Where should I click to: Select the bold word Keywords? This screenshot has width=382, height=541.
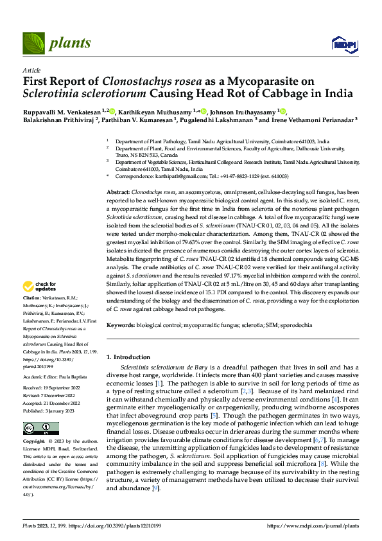tap(120, 326)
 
